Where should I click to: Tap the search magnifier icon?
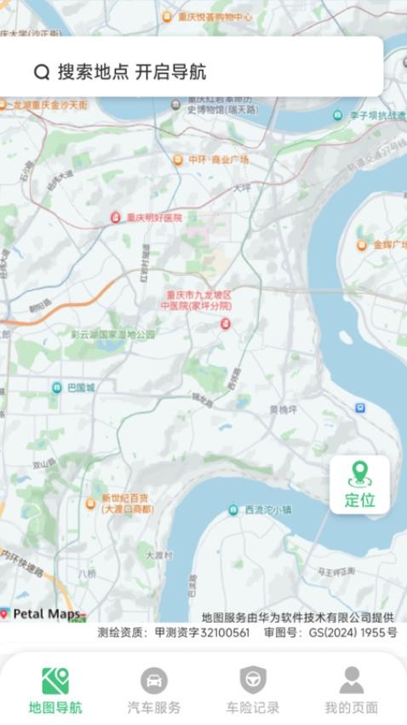point(42,72)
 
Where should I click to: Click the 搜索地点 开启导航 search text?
point(132,72)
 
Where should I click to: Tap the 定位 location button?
point(359,484)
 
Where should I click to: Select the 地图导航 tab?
point(55,690)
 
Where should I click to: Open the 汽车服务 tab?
point(154,690)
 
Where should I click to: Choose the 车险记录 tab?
point(252,690)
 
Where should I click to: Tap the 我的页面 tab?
point(351,690)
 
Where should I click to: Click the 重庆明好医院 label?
point(154,217)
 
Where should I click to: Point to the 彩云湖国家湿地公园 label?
point(113,334)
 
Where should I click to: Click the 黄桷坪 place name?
point(284,409)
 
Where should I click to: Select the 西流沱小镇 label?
point(267,510)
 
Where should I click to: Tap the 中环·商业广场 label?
point(218,159)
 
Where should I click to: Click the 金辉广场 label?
point(389,246)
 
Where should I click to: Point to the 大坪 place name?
point(242,188)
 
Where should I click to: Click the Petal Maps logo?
point(43,613)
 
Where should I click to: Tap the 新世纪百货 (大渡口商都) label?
point(127,503)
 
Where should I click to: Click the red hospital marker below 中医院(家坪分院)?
point(226,323)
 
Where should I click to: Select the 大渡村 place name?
point(158,554)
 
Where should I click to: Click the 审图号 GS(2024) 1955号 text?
point(330,633)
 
